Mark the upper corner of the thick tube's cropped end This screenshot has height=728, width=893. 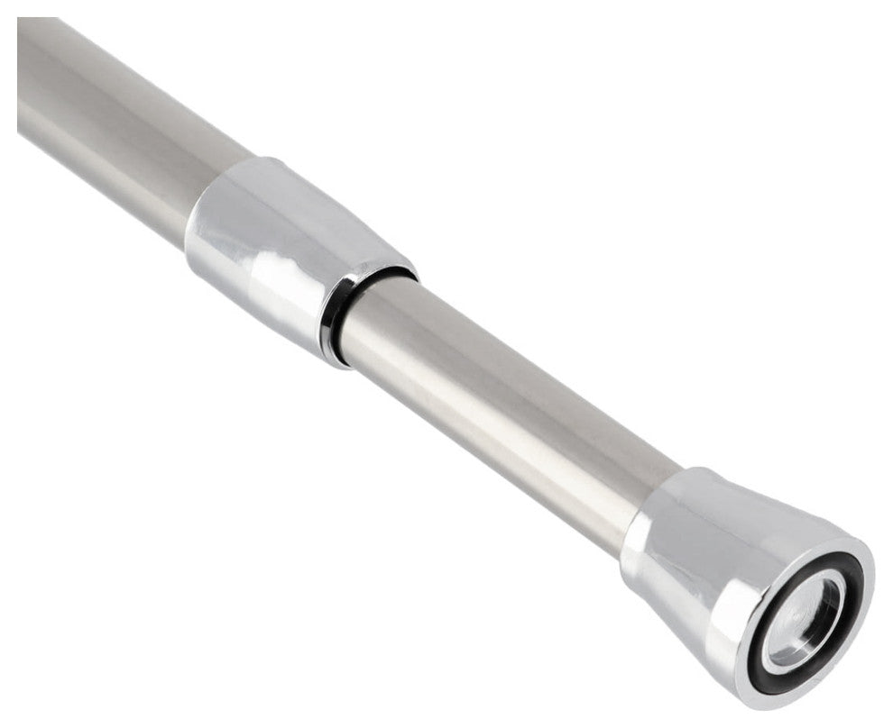20,20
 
